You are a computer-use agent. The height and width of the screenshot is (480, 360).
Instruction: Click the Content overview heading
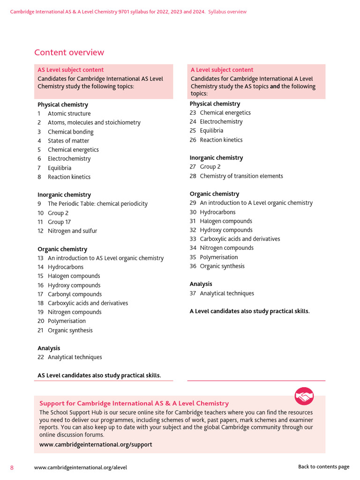pyautogui.click(x=69, y=52)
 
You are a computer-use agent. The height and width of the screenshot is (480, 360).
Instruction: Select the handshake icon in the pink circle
pyautogui.click(x=304, y=396)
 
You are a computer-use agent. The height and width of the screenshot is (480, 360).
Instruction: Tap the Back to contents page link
pyautogui.click(x=323, y=467)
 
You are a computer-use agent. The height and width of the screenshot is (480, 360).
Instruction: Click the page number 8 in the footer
pyautogui.click(x=12, y=467)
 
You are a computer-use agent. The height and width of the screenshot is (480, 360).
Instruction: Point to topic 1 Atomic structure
pyautogui.click(x=69, y=113)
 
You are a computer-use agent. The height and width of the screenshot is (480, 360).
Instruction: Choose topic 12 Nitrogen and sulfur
pyautogui.click(x=72, y=231)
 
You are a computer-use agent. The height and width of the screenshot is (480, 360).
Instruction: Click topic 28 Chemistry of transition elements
pyautogui.click(x=241, y=176)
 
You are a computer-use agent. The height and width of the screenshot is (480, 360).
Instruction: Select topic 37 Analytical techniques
pyautogui.click(x=226, y=293)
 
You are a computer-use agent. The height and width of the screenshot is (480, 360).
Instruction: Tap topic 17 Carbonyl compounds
pyautogui.click(x=75, y=294)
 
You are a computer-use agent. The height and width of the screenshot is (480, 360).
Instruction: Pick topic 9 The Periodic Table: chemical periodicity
pyautogui.click(x=97, y=204)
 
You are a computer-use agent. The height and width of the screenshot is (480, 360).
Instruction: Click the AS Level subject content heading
pyautogui.click(x=71, y=70)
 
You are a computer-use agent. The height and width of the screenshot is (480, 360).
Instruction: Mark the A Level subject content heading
pyautogui.click(x=222, y=70)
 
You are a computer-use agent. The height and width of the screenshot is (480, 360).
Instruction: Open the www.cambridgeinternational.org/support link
pyautogui.click(x=96, y=444)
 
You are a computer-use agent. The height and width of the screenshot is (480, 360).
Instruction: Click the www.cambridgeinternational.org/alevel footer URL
pyautogui.click(x=81, y=467)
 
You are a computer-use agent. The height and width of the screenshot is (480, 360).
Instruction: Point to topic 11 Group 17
pyautogui.click(x=59, y=222)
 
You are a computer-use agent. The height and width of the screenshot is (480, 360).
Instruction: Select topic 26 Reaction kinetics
pyautogui.click(x=221, y=140)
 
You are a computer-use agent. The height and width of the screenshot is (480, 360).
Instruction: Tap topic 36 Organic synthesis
pyautogui.click(x=222, y=266)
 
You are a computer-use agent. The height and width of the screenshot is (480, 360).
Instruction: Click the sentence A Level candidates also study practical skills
pyautogui.click(x=249, y=311)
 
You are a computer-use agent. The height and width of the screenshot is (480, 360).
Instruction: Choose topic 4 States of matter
pyautogui.click(x=68, y=141)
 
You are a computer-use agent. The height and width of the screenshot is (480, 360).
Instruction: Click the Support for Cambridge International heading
pyautogui.click(x=134, y=403)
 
